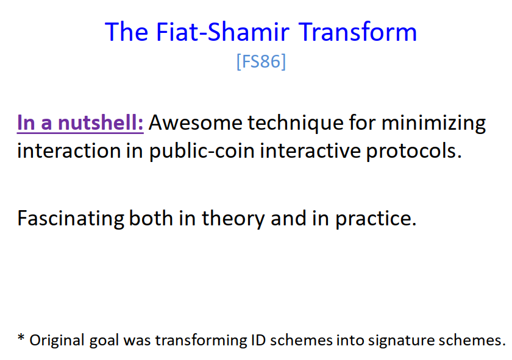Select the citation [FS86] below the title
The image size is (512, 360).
[261, 62]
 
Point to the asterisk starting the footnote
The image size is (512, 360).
[21, 339]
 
